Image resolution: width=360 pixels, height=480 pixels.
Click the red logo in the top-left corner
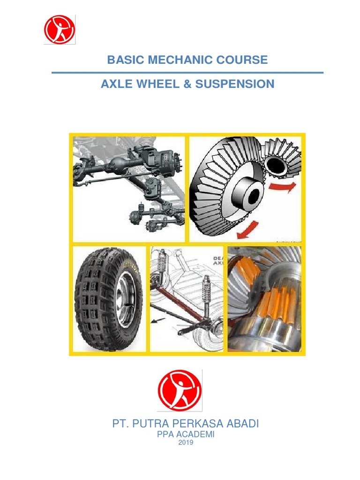[x=60, y=30]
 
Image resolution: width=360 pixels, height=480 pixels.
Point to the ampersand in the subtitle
[x=187, y=84]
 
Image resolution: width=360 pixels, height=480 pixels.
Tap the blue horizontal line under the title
[x=187, y=73]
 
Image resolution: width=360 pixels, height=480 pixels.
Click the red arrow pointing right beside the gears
[x=283, y=187]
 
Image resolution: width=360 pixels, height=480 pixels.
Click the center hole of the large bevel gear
[x=252, y=196]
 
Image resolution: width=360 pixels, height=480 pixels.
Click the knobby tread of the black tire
[x=94, y=300]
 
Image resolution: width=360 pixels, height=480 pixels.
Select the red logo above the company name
[x=180, y=390]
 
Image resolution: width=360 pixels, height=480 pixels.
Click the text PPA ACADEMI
[x=186, y=435]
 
